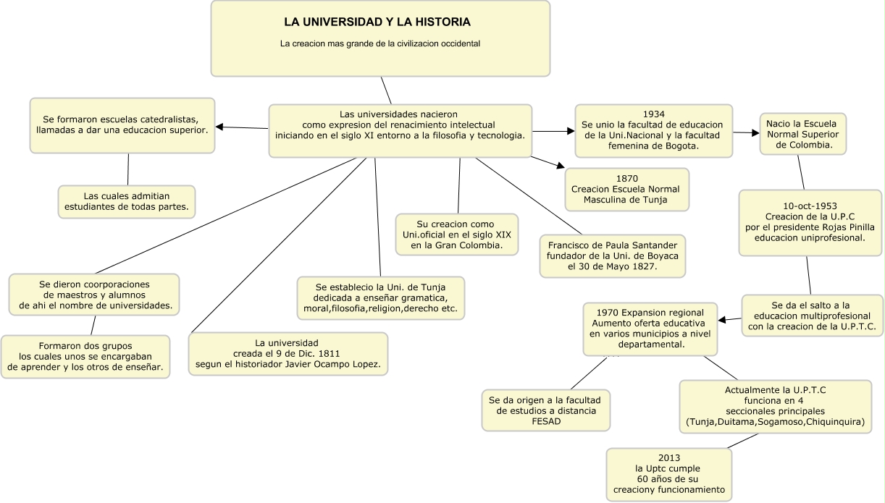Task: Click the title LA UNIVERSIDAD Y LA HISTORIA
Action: pos(377,22)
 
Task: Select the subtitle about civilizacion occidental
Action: pos(380,43)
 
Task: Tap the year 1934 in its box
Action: pos(653,114)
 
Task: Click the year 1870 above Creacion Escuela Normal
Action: pos(626,178)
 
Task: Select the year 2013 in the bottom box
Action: pos(668,458)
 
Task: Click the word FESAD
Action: pos(546,421)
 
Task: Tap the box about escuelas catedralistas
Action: pos(122,125)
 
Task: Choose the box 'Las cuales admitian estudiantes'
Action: pos(127,201)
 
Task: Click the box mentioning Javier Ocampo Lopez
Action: pos(288,353)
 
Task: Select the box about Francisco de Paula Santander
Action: pos(612,255)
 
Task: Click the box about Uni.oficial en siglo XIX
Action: pos(456,234)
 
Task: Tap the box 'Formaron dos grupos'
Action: pos(85,357)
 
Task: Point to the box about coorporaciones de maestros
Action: pos(95,295)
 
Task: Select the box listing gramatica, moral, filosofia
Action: pos(381,298)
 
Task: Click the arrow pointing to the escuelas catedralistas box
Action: pos(219,127)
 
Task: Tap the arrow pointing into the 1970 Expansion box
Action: pos(723,319)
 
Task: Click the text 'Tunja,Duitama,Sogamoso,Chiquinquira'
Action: pos(775,422)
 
